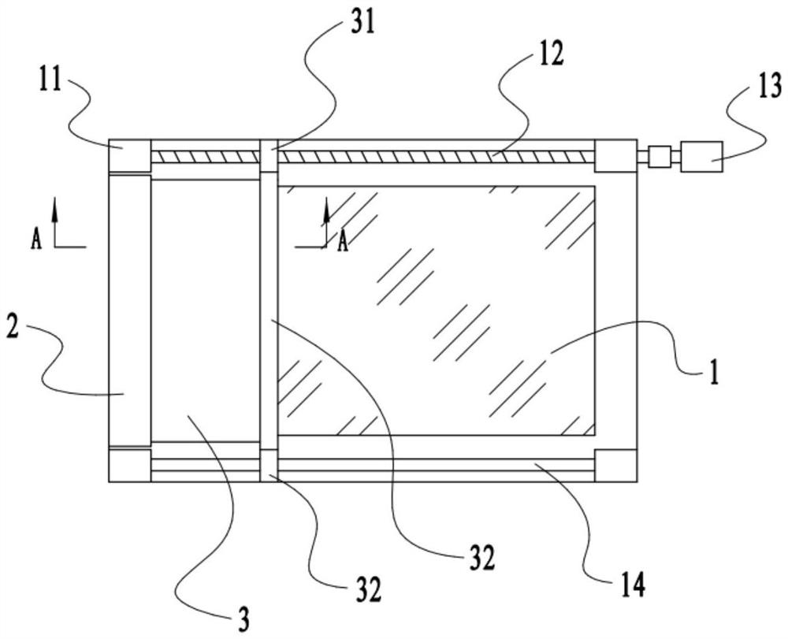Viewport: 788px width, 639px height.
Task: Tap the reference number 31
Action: pos(362,23)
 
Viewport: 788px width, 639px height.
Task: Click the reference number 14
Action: pos(633,585)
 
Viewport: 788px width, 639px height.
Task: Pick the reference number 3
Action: pos(243,620)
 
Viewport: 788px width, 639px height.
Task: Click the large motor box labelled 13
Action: pos(701,156)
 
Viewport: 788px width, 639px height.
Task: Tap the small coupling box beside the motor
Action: pos(659,157)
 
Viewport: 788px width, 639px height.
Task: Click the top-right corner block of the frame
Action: pos(616,156)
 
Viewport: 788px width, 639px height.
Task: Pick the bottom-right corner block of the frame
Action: pos(616,466)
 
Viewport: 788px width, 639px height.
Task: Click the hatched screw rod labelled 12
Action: pos(373,156)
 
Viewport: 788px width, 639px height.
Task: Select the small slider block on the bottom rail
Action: pos(269,466)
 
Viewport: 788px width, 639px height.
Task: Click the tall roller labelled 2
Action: pos(130,310)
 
